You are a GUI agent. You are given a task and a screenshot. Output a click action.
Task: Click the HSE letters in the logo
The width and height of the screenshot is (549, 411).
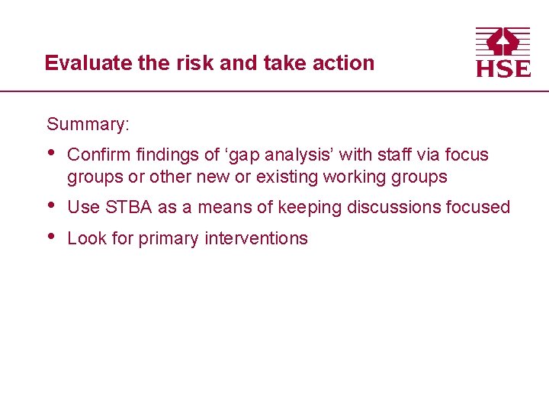click(x=503, y=68)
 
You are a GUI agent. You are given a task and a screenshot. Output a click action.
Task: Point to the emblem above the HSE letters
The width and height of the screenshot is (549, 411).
click(x=503, y=41)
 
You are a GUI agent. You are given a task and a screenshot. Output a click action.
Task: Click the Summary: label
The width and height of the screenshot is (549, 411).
click(x=87, y=124)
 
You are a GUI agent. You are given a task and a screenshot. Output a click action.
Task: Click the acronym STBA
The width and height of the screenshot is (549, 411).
click(x=129, y=207)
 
